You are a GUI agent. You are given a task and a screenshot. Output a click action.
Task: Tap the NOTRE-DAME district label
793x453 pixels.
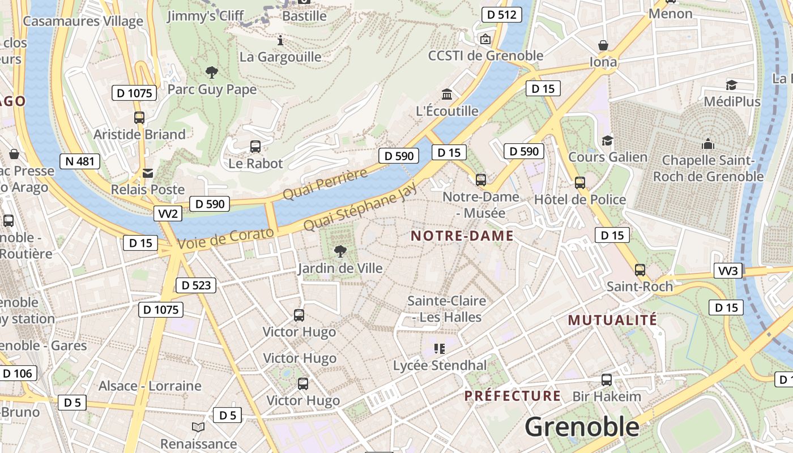(x=462, y=236)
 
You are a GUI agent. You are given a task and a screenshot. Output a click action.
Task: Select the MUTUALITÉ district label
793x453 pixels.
(x=612, y=320)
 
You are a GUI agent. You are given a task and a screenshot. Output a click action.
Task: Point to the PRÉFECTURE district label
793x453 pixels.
(x=513, y=395)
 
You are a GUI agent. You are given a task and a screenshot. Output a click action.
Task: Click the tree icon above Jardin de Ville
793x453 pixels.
(x=340, y=251)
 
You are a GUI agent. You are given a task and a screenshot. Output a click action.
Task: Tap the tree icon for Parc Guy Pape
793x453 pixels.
(x=212, y=72)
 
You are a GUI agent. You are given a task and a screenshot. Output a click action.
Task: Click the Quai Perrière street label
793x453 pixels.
(x=325, y=184)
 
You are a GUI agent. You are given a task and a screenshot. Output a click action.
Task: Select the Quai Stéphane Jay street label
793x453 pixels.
(x=360, y=207)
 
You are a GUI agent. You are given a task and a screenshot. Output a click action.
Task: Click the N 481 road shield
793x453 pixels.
(x=80, y=161)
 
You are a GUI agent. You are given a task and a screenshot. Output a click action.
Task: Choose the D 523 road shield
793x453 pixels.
(x=197, y=285)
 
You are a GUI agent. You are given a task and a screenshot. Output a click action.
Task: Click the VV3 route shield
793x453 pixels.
(x=728, y=271)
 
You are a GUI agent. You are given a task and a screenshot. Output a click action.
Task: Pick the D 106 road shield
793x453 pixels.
(x=18, y=373)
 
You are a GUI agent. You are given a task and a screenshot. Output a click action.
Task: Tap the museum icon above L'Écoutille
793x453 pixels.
(x=447, y=94)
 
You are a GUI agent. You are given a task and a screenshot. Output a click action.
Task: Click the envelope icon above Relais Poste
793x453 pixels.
(x=148, y=173)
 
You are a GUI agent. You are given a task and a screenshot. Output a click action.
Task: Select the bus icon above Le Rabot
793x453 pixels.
(x=255, y=147)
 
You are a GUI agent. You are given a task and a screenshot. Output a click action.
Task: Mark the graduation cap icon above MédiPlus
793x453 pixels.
(x=731, y=86)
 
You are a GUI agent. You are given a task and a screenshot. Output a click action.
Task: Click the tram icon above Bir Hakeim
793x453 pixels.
(x=607, y=379)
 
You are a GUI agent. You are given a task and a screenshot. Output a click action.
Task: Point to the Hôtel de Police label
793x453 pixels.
(x=580, y=199)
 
